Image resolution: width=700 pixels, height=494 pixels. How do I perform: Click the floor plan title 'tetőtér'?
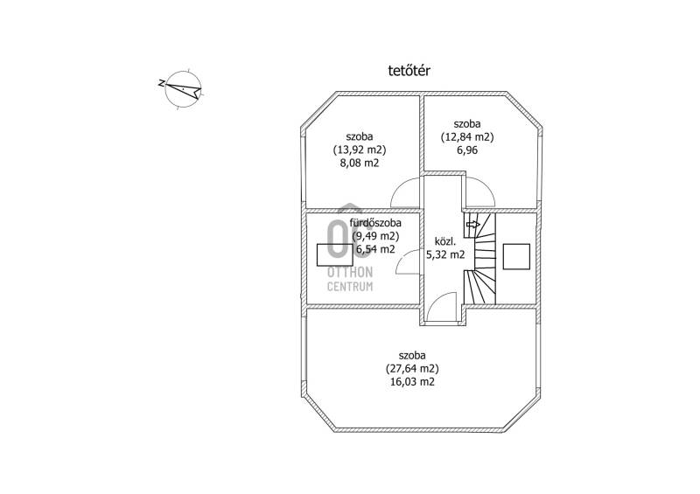pos(409,71)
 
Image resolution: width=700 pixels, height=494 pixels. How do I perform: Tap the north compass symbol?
pos(184,89)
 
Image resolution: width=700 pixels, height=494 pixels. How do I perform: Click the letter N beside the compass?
pos(161,82)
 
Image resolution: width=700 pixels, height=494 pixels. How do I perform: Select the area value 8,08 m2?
pos(360,163)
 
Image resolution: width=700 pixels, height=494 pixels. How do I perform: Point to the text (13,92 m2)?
pos(360,150)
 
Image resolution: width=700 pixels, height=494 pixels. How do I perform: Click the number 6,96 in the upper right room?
pos(467,150)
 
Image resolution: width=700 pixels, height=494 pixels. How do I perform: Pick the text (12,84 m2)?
pos(467,137)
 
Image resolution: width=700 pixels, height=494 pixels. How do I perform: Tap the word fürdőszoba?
pos(375,222)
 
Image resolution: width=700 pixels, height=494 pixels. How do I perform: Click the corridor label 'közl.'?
pos(445,242)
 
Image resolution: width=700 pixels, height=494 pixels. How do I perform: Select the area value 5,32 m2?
pos(445,254)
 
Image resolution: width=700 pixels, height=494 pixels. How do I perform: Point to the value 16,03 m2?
pos(412,382)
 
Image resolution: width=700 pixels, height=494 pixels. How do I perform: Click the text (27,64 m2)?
pos(412,369)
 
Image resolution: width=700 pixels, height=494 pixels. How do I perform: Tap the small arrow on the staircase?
pos(473,225)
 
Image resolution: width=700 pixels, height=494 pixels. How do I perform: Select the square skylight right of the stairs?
pos(516,256)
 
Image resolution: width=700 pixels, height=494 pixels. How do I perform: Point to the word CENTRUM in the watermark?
pos(350,287)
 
